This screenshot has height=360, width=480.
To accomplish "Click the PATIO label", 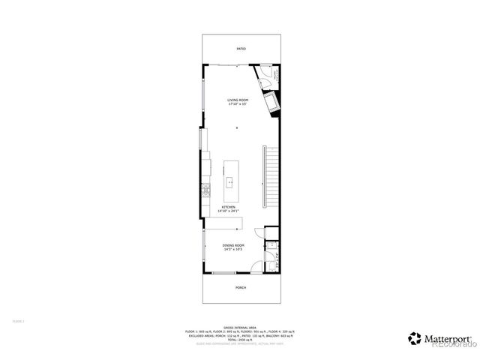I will [x=241, y=49].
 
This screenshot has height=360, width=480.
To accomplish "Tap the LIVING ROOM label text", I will [x=239, y=99].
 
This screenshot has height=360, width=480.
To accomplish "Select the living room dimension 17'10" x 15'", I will [x=239, y=104].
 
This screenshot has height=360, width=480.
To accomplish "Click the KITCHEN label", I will [x=228, y=206].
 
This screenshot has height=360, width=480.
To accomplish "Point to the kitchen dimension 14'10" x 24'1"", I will [x=228, y=211].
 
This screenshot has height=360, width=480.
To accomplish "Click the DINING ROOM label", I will [x=233, y=245].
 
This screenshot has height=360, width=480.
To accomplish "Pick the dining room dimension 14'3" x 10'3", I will [x=233, y=250].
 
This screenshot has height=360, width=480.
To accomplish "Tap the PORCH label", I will [x=241, y=287].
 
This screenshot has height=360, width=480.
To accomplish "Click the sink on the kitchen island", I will [x=230, y=181].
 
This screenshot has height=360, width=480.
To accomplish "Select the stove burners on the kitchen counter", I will [x=205, y=190].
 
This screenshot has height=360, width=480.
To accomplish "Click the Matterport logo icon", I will [x=414, y=337].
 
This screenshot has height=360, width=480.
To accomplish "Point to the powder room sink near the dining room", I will [x=273, y=246].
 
